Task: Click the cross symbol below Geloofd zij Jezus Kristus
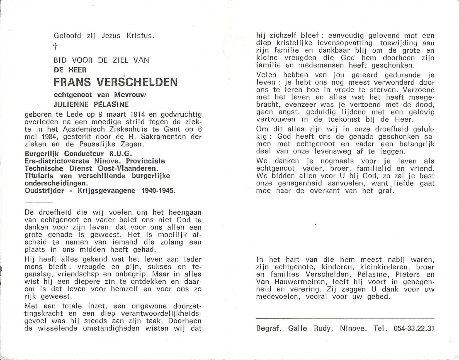tap(55, 46)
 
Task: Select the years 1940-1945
tap(159, 191)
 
